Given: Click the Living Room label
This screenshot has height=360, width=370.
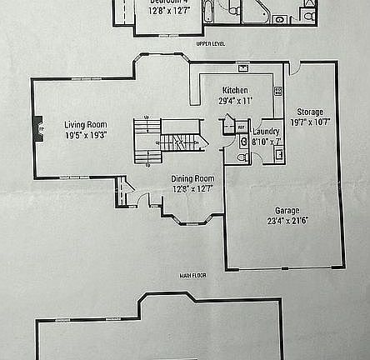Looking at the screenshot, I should click(x=86, y=124).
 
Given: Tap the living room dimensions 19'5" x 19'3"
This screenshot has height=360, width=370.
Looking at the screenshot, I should click(x=86, y=134).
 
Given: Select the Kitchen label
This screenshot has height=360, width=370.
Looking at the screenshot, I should click(x=235, y=90).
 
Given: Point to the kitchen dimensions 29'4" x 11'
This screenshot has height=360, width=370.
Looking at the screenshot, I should click(x=235, y=100).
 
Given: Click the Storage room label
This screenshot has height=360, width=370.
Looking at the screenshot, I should click(x=310, y=112).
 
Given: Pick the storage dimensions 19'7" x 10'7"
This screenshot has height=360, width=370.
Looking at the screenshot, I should click(x=310, y=122).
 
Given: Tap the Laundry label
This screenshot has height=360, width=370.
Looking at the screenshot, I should click(x=266, y=131).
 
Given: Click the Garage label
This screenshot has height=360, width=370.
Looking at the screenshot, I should click(x=287, y=210).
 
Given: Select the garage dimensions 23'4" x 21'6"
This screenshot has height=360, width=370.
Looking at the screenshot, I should click(x=287, y=221).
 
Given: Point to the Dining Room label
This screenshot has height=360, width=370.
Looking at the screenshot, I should click(x=192, y=178).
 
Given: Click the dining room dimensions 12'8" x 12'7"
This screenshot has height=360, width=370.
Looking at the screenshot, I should click(x=192, y=188).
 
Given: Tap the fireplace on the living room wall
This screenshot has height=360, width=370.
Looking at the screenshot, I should click(x=37, y=128).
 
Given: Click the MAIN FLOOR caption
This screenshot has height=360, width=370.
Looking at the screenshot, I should click(x=192, y=275).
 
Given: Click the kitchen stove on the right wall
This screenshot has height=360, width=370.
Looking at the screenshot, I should click(x=277, y=90).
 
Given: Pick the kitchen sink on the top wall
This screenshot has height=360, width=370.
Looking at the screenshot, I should click(x=242, y=68).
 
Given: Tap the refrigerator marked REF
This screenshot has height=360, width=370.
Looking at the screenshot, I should click(x=240, y=127).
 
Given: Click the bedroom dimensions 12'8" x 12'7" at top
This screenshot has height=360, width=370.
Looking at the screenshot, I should click(x=168, y=11).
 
